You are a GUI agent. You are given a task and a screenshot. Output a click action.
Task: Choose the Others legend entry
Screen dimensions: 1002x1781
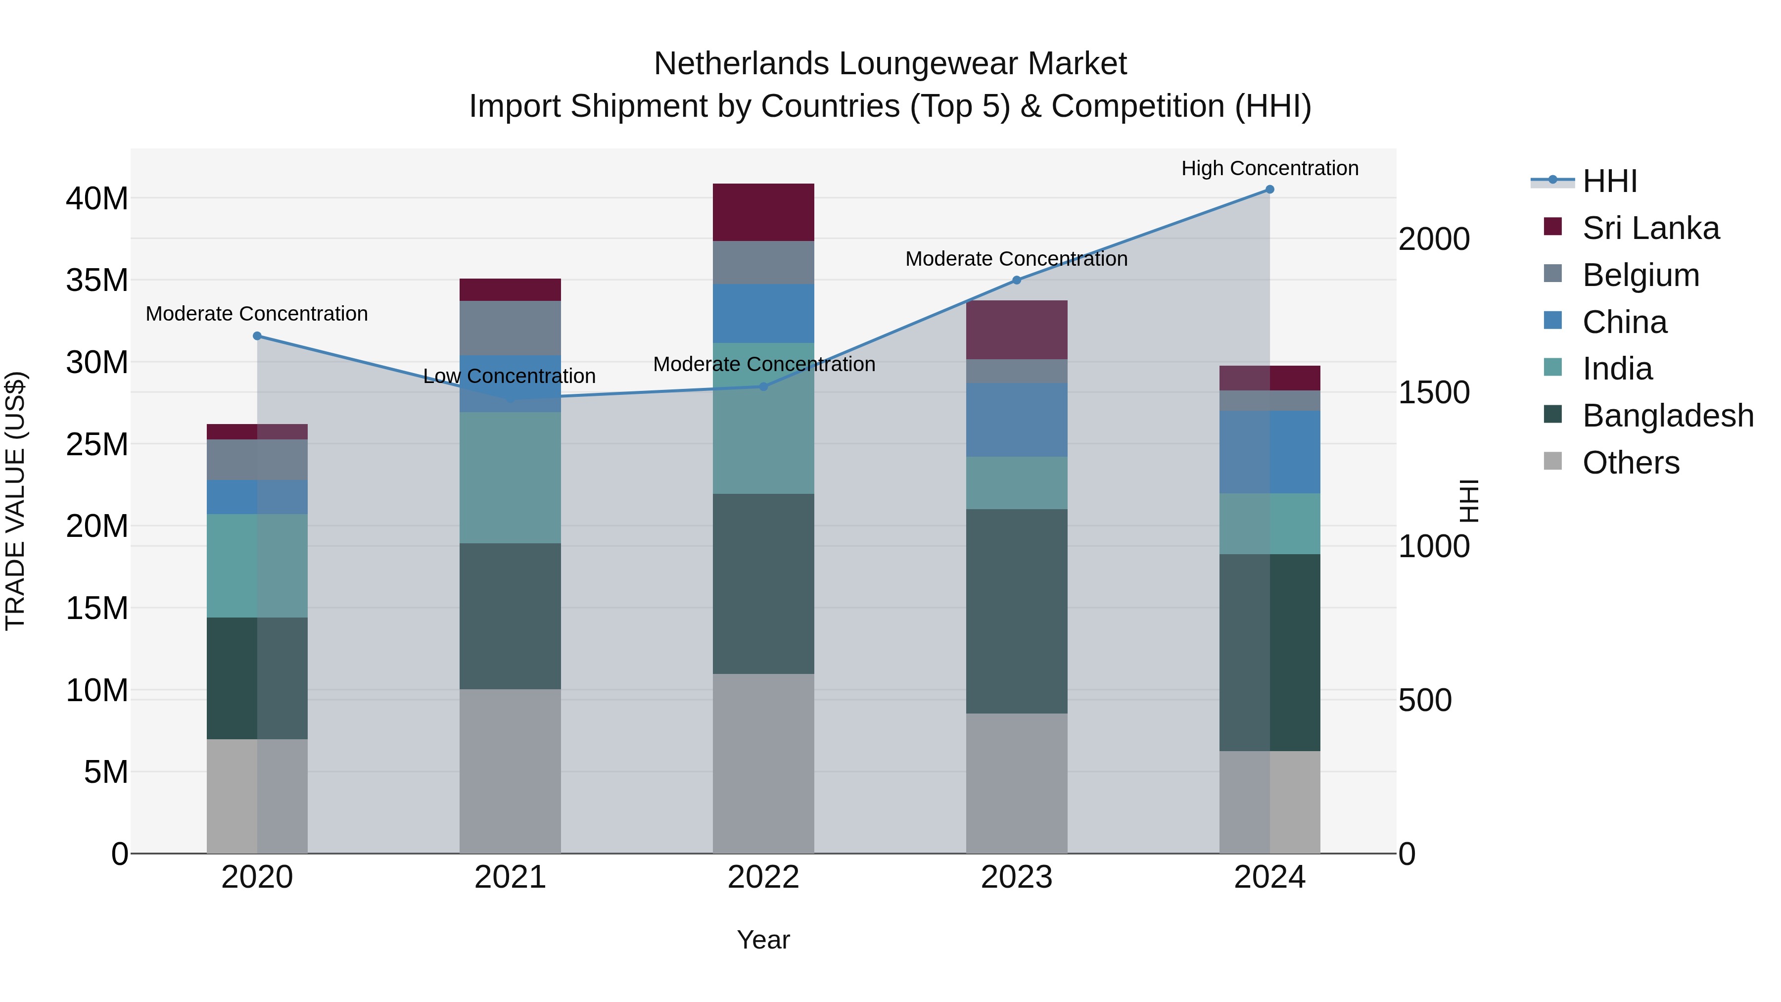tap(1630, 463)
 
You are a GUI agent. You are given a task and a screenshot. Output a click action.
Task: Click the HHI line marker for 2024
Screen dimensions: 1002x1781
tap(1269, 190)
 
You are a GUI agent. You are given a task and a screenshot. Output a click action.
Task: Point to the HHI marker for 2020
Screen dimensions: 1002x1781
tap(257, 336)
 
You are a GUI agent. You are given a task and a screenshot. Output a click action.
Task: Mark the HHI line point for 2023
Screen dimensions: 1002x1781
tap(1016, 280)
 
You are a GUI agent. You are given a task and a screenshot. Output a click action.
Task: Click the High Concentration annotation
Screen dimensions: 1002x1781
tap(1269, 168)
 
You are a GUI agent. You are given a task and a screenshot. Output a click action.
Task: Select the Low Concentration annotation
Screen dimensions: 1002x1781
tap(510, 376)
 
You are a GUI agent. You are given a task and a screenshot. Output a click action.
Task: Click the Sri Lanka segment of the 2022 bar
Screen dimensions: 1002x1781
tap(763, 212)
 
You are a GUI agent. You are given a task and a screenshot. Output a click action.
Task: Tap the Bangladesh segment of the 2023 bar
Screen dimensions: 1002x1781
tap(1016, 611)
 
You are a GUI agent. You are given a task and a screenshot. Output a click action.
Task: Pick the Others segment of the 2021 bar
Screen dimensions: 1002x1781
tap(510, 771)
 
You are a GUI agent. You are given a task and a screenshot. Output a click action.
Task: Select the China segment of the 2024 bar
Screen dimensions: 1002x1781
tap(1269, 452)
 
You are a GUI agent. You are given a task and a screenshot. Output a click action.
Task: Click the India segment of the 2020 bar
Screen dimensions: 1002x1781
tap(257, 566)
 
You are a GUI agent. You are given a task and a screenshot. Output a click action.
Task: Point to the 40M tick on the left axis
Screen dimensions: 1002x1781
tap(97, 199)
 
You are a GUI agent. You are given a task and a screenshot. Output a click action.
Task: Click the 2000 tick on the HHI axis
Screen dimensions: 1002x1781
tap(1434, 239)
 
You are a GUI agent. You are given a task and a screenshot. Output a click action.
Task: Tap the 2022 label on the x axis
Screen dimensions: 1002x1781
tap(763, 877)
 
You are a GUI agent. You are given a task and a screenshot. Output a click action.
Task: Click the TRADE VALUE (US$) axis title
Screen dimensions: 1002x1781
tap(15, 501)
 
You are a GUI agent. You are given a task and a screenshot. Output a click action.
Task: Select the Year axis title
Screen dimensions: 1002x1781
tap(763, 940)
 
